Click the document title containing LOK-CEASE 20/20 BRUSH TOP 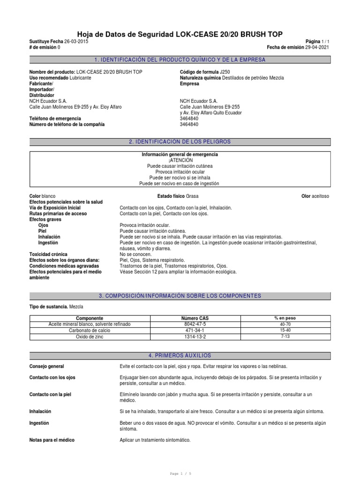[x=180, y=34]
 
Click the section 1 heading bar [x=180, y=60]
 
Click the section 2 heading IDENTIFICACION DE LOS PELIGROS [x=180, y=142]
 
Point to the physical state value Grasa [x=192, y=196]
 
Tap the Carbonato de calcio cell [x=89, y=330]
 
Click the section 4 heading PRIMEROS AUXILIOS [x=180, y=356]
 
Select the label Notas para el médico [x=52, y=440]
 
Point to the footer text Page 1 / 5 [x=180, y=474]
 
